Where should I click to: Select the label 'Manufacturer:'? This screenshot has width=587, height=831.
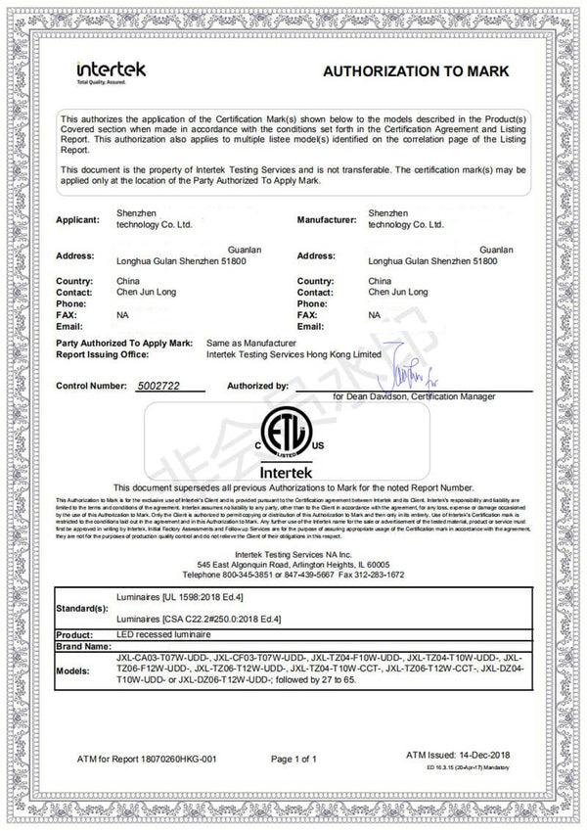point(327,219)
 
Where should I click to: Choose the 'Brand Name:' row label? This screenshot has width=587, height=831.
point(83,647)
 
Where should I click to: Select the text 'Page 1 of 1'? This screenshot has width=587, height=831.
point(294,759)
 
